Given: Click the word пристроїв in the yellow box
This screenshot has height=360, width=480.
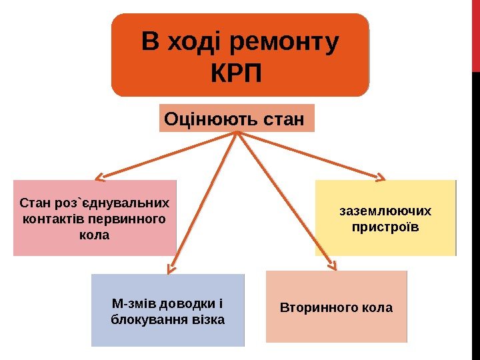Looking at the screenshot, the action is [x=385, y=227].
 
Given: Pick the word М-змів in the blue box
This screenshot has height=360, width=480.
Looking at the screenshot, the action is [x=131, y=304].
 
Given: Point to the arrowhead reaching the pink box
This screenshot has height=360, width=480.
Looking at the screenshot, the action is [x=100, y=178].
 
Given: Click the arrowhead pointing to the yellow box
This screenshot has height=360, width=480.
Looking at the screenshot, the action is [x=380, y=178].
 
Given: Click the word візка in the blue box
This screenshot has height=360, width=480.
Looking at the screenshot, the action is [x=208, y=320].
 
